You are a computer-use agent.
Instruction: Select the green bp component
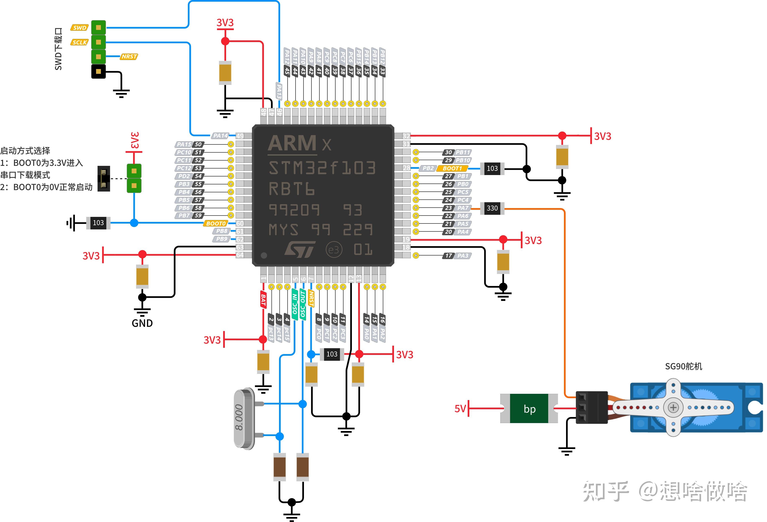(x=529, y=409)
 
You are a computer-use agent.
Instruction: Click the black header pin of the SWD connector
(x=98, y=71)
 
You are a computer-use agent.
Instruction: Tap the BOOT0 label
(x=216, y=223)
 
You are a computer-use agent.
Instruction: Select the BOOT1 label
(x=452, y=168)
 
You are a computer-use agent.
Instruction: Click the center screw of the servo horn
(x=673, y=408)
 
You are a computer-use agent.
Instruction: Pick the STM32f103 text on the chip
(x=322, y=168)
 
